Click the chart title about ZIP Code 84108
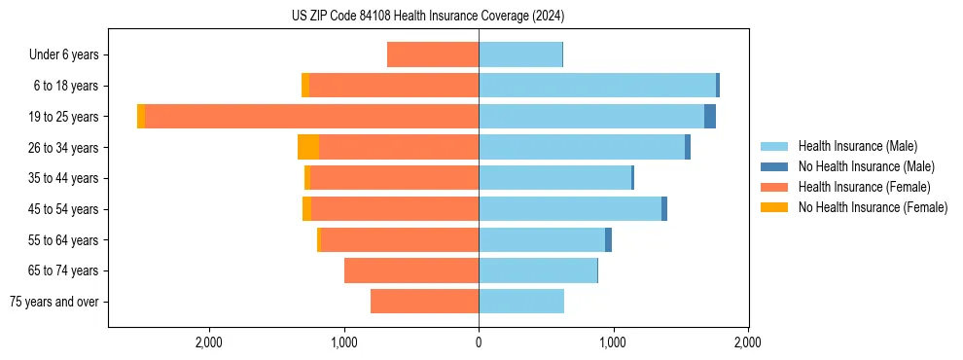point(428,17)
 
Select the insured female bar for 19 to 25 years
point(311,117)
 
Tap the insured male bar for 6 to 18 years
point(596,86)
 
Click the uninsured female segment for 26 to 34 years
point(308,147)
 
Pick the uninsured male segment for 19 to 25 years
point(710,117)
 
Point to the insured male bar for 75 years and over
point(521,302)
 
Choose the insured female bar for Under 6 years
point(433,55)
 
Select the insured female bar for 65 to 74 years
point(411,270)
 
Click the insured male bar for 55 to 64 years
point(542,239)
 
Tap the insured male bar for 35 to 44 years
point(554,178)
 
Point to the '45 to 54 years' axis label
point(59,209)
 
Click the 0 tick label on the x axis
point(479,342)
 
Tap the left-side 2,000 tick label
point(209,342)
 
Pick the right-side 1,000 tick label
point(613,342)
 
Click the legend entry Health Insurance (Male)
point(857,146)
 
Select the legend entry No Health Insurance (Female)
point(873,207)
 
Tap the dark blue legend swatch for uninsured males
point(774,166)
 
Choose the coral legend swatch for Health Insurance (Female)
point(774,187)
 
